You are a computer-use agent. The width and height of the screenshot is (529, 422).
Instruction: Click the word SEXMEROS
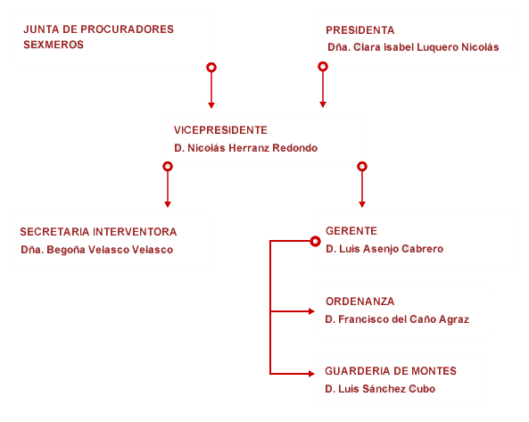pos(54,45)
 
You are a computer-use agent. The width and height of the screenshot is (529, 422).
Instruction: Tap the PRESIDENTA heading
pos(360,30)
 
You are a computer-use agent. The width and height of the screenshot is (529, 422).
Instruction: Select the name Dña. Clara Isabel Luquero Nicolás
pos(413,47)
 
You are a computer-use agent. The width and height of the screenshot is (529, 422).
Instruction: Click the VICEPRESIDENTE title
pos(220,130)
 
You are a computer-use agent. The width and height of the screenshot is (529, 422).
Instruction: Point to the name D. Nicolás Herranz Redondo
pos(245,148)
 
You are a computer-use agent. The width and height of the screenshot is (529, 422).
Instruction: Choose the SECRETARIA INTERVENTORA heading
pos(98,232)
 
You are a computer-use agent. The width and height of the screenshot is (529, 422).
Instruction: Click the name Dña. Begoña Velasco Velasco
pos(97,250)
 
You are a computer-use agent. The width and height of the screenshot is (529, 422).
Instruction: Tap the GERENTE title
pos(351,231)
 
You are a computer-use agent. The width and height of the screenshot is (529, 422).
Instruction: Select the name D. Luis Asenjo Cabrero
pos(384,249)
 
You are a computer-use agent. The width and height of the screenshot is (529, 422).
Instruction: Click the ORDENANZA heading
pos(360,302)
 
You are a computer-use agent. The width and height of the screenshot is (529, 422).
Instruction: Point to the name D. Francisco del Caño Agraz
pos(397,319)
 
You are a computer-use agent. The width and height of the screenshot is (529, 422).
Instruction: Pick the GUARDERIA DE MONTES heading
pos(391,371)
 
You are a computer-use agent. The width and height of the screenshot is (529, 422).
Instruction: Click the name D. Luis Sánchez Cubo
pos(380,389)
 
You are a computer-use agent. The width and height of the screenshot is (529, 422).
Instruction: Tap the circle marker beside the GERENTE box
pos(315,241)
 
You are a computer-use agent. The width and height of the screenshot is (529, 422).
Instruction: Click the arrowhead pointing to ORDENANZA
pos(311,311)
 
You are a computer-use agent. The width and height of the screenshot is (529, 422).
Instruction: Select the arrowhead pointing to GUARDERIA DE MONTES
pos(311,374)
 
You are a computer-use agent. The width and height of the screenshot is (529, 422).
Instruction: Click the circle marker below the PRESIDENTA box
pos(323,66)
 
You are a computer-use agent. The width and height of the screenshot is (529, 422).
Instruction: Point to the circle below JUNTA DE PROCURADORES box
pos(211,68)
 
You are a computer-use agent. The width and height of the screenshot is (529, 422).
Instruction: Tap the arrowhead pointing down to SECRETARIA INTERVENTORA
pos(168,204)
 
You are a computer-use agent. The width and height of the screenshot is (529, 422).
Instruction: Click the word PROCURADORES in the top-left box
pos(128,29)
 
